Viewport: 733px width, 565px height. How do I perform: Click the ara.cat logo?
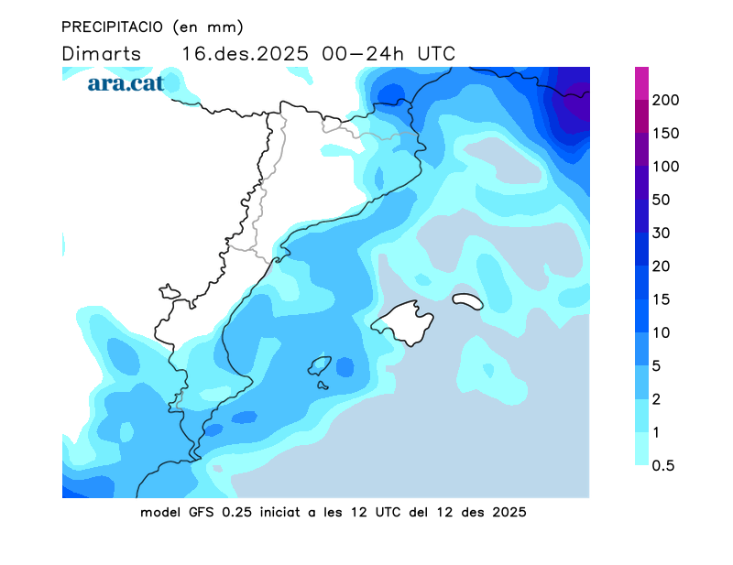click(x=126, y=83)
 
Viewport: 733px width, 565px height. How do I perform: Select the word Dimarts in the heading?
click(x=102, y=53)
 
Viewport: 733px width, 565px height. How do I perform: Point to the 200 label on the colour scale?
click(x=665, y=100)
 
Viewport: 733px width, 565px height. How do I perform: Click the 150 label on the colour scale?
click(x=665, y=134)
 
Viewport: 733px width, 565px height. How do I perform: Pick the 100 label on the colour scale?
click(x=665, y=167)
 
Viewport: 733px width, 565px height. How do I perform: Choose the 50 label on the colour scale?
click(x=662, y=200)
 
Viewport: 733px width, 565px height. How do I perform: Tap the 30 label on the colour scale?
click(x=662, y=233)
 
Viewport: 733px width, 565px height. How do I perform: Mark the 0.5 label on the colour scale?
click(x=663, y=465)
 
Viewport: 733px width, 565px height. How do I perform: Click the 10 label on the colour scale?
click(x=662, y=332)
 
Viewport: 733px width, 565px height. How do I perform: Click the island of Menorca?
click(x=467, y=300)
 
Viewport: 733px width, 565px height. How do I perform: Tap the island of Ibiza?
click(x=319, y=365)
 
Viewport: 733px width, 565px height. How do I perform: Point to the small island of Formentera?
click(x=323, y=385)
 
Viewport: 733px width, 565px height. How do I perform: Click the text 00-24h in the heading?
click(x=366, y=53)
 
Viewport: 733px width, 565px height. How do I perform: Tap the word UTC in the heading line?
click(x=436, y=53)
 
